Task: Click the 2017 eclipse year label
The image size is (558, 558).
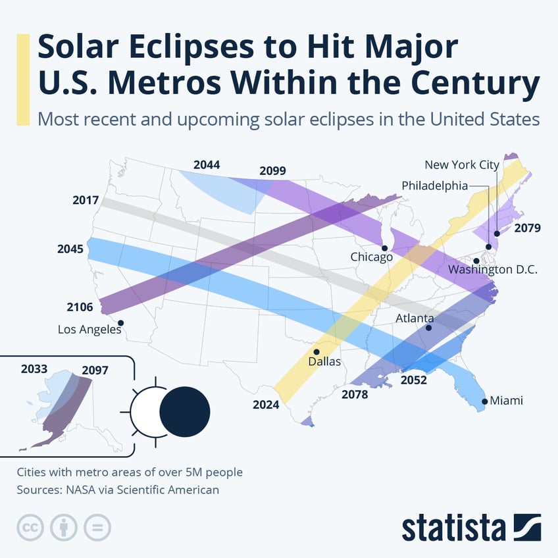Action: [86, 200]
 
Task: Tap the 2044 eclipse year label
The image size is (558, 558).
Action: [207, 165]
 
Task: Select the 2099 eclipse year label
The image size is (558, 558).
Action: [272, 170]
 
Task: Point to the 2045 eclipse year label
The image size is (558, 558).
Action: [71, 249]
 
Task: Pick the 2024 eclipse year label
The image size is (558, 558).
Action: [266, 405]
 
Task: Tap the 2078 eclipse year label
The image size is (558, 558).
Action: [355, 395]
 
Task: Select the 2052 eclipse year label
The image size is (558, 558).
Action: [414, 380]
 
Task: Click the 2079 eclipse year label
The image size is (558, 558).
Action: [527, 228]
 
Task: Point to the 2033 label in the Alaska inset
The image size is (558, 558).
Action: [34, 369]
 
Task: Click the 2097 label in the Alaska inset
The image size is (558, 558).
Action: [95, 370]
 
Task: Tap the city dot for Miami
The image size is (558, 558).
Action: [485, 401]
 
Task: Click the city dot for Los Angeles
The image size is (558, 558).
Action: [121, 322]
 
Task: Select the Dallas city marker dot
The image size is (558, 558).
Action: [317, 352]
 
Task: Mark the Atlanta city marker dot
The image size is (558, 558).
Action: [429, 328]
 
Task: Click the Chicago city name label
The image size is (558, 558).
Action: [371, 257]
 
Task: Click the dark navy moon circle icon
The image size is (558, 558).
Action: [185, 411]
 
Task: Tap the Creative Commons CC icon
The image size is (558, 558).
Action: [29, 527]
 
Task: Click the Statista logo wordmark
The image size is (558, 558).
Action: [453, 528]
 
